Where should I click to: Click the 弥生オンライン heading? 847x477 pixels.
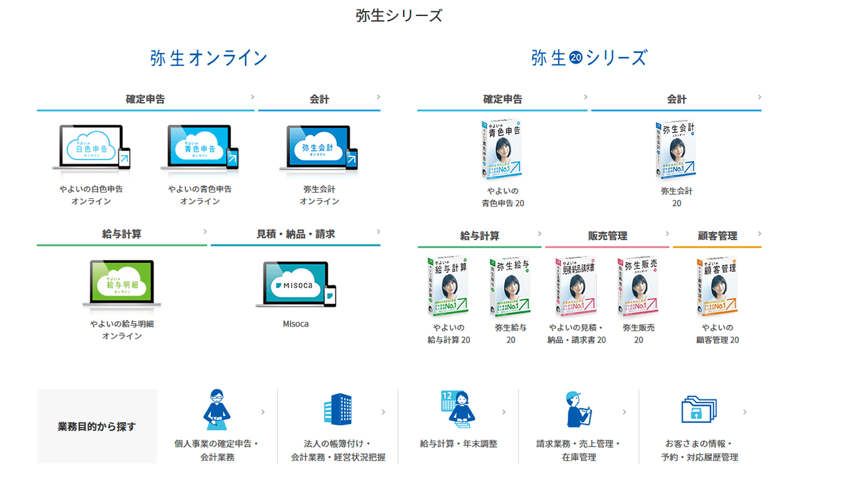[x=208, y=58]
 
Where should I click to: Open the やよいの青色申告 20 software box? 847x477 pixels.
[x=502, y=150]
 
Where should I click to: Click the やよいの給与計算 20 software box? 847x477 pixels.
[x=448, y=287]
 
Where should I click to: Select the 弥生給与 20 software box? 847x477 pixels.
[x=510, y=287]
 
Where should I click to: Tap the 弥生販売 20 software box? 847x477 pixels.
[x=638, y=287]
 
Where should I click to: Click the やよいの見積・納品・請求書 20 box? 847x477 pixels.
[x=576, y=287]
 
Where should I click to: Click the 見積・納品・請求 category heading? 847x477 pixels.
[x=296, y=234]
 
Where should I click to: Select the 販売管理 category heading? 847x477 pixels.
[x=607, y=236]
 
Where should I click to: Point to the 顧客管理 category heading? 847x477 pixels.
[x=717, y=236]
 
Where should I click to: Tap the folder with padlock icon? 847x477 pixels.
[x=699, y=409]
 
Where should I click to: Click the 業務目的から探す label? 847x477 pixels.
[x=97, y=426]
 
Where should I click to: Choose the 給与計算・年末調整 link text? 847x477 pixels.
[x=458, y=443]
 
